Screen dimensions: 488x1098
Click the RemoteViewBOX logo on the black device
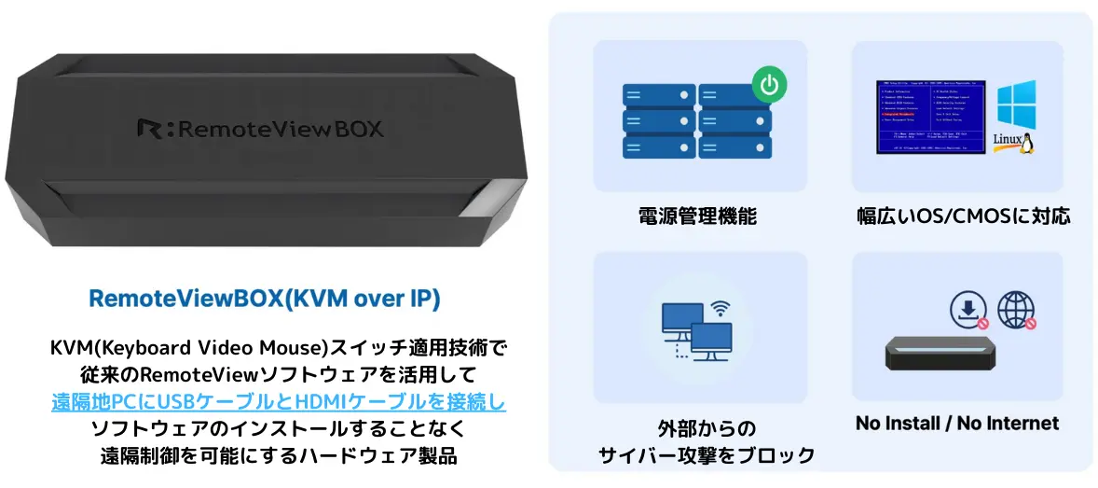[260, 128]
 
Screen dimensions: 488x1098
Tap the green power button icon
[769, 86]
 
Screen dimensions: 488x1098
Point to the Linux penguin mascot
[1027, 143]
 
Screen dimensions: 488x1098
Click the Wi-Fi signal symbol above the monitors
[719, 307]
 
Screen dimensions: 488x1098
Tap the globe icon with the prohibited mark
[1016, 310]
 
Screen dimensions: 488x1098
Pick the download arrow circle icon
[968, 310]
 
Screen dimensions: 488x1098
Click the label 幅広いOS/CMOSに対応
[964, 217]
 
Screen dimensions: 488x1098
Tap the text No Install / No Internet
[957, 424]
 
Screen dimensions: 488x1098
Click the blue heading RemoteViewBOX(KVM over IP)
[265, 299]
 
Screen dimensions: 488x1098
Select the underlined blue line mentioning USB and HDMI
[279, 403]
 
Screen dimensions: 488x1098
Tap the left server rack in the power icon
[658, 121]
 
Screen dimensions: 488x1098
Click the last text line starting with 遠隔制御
[279, 456]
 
